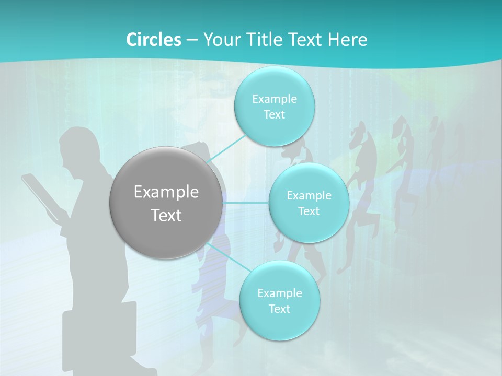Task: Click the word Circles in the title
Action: [x=154, y=40]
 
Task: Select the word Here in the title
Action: [x=348, y=40]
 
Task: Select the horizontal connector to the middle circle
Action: [x=246, y=203]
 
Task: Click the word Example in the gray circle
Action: [x=166, y=192]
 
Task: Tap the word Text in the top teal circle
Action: [x=274, y=115]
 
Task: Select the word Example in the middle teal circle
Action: [x=309, y=196]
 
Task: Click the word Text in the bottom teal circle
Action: [x=279, y=309]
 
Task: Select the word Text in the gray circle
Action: [x=166, y=215]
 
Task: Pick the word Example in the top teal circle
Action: [x=274, y=99]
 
